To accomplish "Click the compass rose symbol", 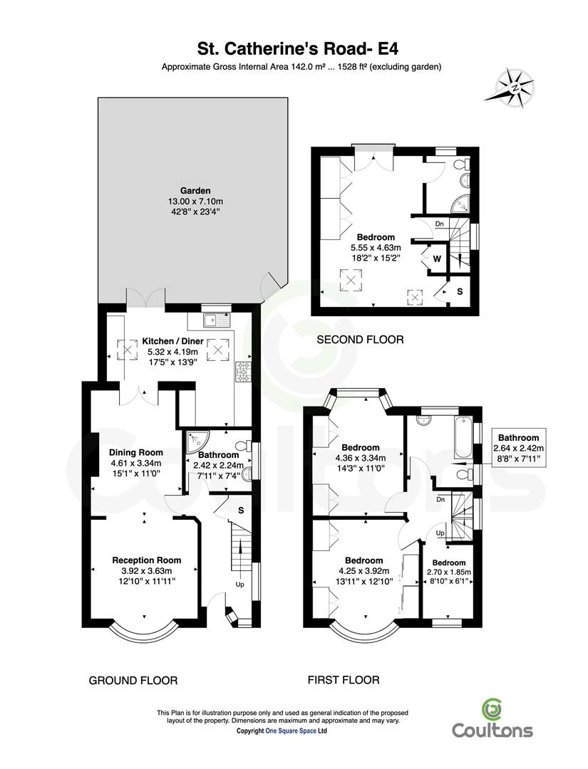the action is (515, 88).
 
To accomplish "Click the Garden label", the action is (195, 191).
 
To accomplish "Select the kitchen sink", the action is (216, 320).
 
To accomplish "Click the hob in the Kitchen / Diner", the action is (243, 372).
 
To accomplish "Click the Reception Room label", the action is (147, 560).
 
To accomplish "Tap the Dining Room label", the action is (136, 453).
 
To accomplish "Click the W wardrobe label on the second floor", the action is (437, 258).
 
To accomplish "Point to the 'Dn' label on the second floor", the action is (439, 224).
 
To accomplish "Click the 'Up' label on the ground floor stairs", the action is (240, 585).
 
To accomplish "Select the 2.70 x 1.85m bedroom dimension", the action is (449, 572).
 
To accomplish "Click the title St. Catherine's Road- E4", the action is (298, 48).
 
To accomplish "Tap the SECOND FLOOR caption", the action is (360, 340).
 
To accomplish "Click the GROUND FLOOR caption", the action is (133, 681).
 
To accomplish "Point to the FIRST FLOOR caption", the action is (344, 680).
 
